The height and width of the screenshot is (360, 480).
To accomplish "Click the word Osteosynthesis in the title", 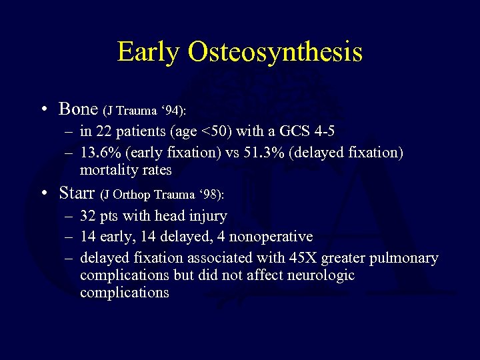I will coord(275,51).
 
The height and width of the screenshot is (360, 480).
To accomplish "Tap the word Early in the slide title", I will coord(149,51).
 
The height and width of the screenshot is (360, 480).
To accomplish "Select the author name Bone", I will coord(78,108).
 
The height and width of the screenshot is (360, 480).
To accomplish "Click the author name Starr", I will coord(77,194).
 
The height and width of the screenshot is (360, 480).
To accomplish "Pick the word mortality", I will coord(109,170).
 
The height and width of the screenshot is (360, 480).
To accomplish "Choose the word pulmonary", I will coord(405,257).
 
